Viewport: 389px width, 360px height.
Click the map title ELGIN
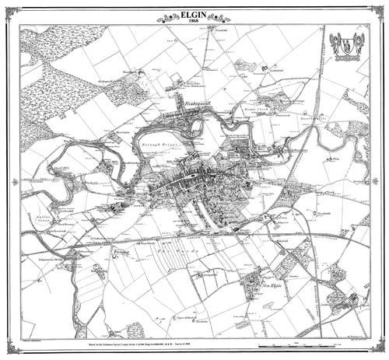(194, 11)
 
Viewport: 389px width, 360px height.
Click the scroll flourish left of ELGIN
(159, 16)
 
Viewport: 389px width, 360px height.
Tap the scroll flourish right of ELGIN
(230, 16)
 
